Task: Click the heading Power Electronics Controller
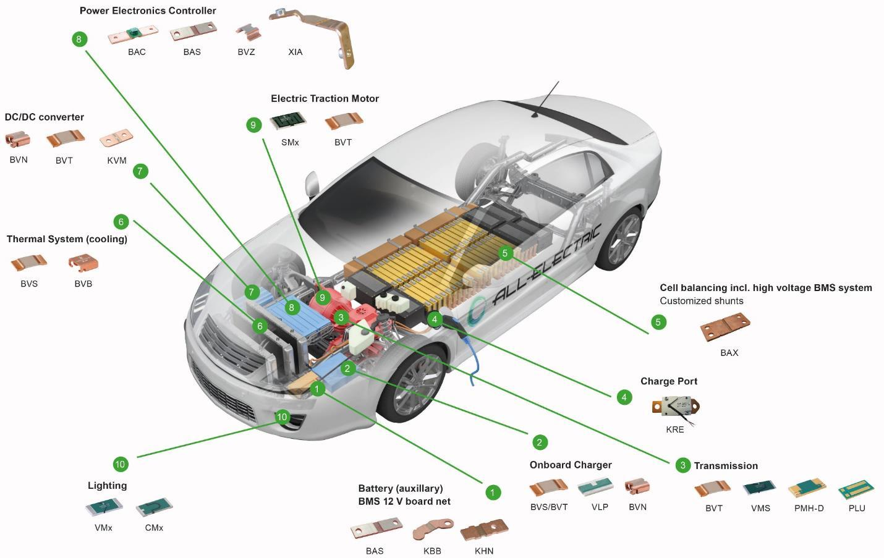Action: (x=148, y=11)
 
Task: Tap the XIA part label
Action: (x=295, y=52)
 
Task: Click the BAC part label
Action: (x=137, y=52)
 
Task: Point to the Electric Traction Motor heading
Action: (x=325, y=98)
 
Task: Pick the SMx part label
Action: (x=290, y=142)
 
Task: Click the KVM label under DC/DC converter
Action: (x=116, y=160)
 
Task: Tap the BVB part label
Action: (x=83, y=284)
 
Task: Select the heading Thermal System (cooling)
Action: (x=67, y=239)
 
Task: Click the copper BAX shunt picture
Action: (x=725, y=327)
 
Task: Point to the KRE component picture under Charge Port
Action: (x=676, y=408)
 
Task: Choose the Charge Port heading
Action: (x=669, y=381)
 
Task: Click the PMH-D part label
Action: (x=809, y=508)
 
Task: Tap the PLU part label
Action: (x=857, y=508)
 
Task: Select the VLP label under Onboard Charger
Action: (x=600, y=507)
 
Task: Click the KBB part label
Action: (x=432, y=551)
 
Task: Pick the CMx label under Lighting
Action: (x=154, y=528)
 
